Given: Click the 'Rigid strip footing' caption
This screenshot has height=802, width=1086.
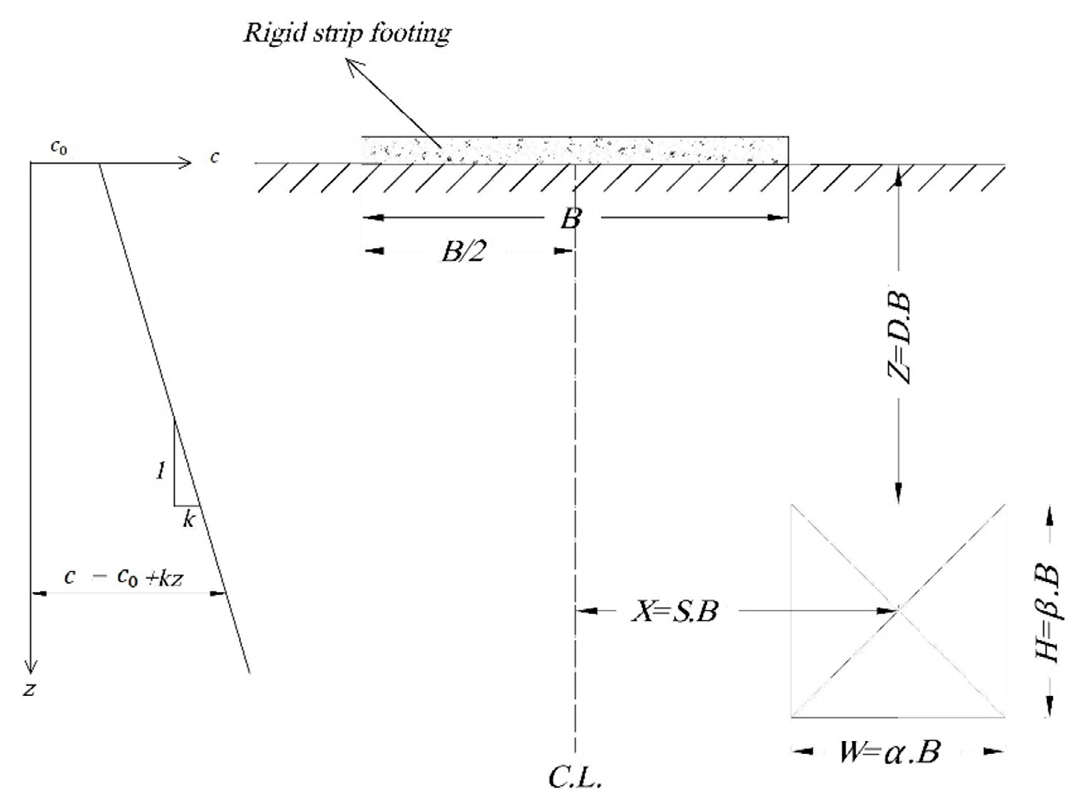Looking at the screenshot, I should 347,33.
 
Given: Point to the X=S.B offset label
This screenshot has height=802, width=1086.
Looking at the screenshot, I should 675,611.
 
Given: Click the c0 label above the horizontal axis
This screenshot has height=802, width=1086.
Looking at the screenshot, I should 59,147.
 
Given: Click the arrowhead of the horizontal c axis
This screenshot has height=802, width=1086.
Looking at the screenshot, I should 186,163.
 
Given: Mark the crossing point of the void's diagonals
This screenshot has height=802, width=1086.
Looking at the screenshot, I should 898,611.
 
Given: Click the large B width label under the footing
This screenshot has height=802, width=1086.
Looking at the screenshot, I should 571,219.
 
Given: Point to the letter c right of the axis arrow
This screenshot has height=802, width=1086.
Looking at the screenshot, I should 214,157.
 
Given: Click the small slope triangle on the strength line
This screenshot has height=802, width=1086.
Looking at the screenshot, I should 184,476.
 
